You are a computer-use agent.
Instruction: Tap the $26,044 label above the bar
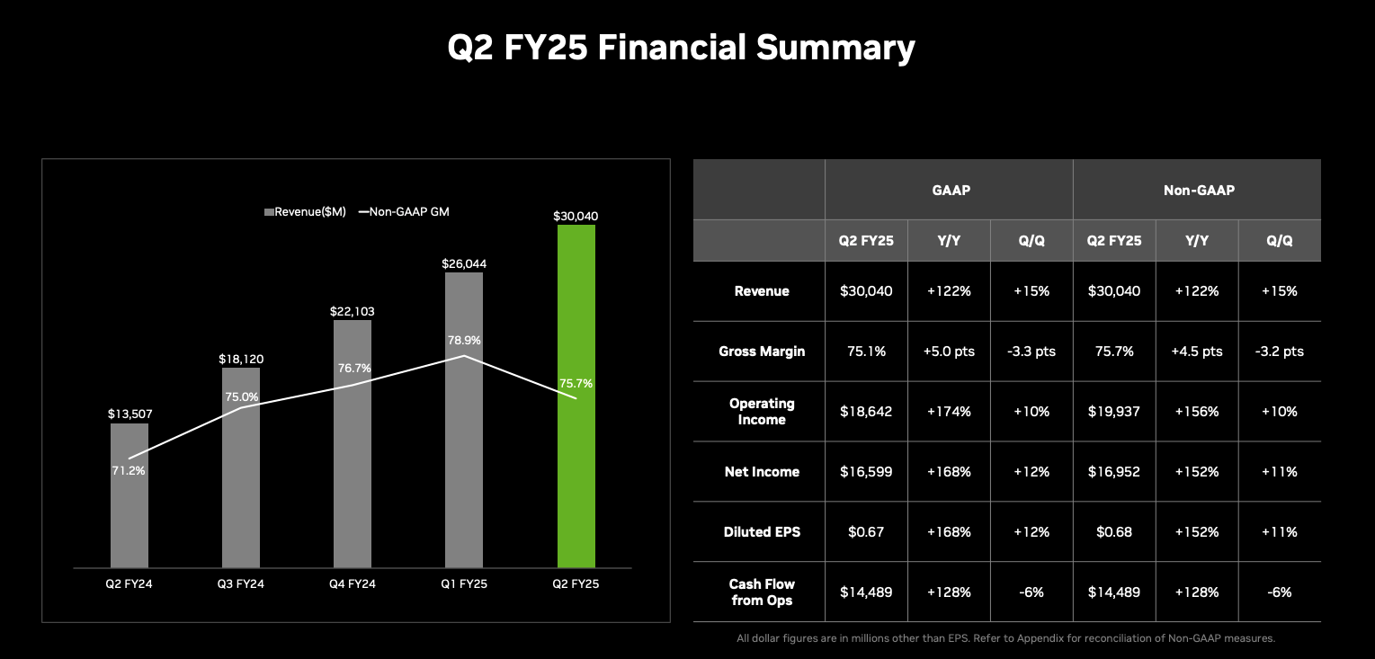click(464, 264)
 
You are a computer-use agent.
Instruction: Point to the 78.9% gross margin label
click(464, 341)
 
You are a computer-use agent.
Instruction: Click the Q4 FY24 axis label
click(353, 583)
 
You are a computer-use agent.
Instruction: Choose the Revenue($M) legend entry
click(305, 212)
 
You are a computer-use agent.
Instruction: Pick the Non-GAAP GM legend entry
click(404, 212)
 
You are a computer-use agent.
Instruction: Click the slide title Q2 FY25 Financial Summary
click(681, 48)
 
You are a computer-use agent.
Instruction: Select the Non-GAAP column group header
click(1196, 191)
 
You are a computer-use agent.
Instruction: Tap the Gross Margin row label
click(762, 352)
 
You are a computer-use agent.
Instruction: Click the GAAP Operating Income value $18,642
click(866, 412)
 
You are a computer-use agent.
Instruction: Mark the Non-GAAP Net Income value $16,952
click(1114, 472)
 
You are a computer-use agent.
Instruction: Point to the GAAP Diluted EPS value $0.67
click(866, 532)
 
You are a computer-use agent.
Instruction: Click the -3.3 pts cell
click(1031, 352)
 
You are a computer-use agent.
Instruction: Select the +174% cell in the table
click(949, 412)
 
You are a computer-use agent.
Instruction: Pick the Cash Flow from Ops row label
click(762, 592)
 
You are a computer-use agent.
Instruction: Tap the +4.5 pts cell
click(1197, 352)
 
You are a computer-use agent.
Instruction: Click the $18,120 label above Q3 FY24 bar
click(241, 360)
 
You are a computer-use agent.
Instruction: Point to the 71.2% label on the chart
click(129, 470)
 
